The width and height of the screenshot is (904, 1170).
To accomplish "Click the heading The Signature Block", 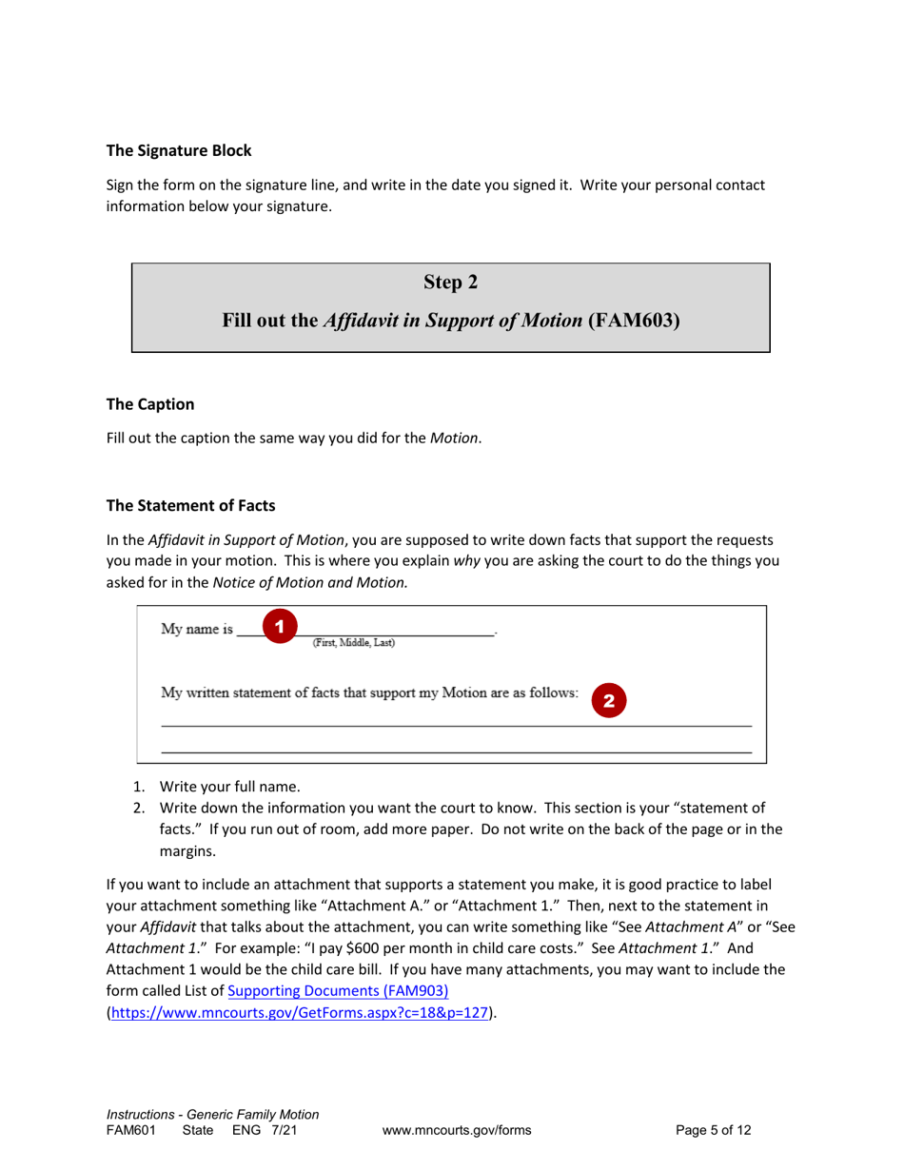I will pos(179,149).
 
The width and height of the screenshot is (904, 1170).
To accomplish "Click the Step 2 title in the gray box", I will pos(450,283).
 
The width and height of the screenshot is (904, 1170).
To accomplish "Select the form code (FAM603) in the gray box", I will pos(635,321).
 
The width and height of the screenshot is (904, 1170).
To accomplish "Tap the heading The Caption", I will pos(149,404).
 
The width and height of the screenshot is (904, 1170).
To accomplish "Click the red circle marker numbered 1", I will pos(279,627).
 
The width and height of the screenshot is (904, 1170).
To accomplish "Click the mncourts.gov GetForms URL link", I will pos(302,1013).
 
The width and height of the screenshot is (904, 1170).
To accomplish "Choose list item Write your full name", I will pos(230,787).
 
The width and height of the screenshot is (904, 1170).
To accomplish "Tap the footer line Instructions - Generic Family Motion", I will pos(212,1114).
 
